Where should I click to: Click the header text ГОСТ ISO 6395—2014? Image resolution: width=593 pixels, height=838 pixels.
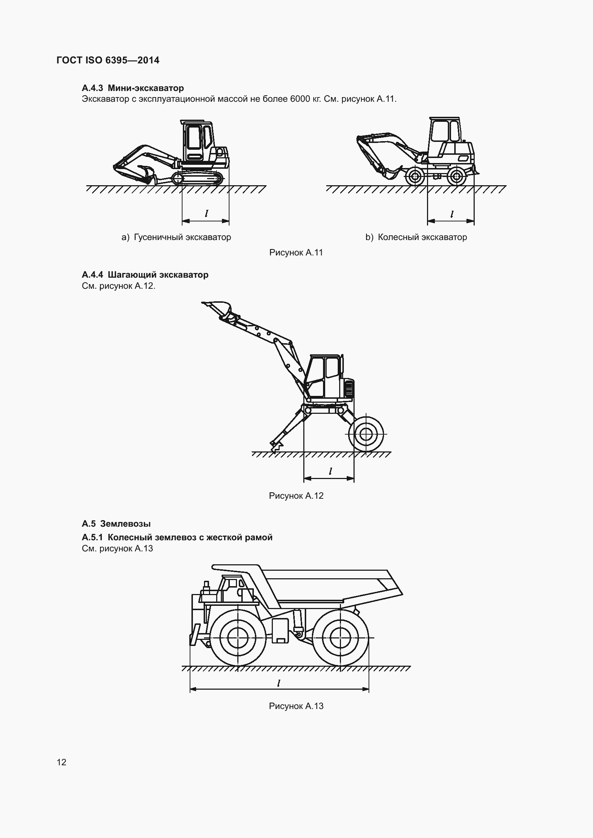(x=108, y=60)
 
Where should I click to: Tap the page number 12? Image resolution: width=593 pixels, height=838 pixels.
(x=61, y=762)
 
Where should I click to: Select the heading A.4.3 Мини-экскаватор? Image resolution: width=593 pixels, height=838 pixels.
(x=133, y=88)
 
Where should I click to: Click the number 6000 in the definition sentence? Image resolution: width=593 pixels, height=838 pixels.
(x=300, y=99)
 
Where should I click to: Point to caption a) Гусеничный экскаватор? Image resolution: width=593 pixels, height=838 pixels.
(x=176, y=237)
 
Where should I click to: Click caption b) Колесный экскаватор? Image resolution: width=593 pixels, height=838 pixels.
(x=416, y=237)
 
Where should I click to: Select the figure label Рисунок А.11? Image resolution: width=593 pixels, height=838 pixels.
(x=296, y=253)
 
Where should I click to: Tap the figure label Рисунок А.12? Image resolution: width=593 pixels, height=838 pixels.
(x=296, y=495)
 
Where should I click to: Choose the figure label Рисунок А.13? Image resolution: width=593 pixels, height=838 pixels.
(x=296, y=706)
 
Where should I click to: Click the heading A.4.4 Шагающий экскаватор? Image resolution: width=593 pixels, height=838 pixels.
(x=145, y=274)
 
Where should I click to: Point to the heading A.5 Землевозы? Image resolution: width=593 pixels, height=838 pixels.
(x=116, y=524)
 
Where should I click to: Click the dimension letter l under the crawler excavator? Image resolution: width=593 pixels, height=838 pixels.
(x=206, y=214)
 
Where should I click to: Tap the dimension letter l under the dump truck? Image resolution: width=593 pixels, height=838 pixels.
(x=279, y=683)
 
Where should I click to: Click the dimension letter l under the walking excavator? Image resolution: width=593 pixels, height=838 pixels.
(x=330, y=471)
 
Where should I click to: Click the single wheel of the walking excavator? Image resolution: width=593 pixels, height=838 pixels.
(x=365, y=434)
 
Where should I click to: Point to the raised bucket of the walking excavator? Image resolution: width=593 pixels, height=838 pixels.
(x=218, y=307)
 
